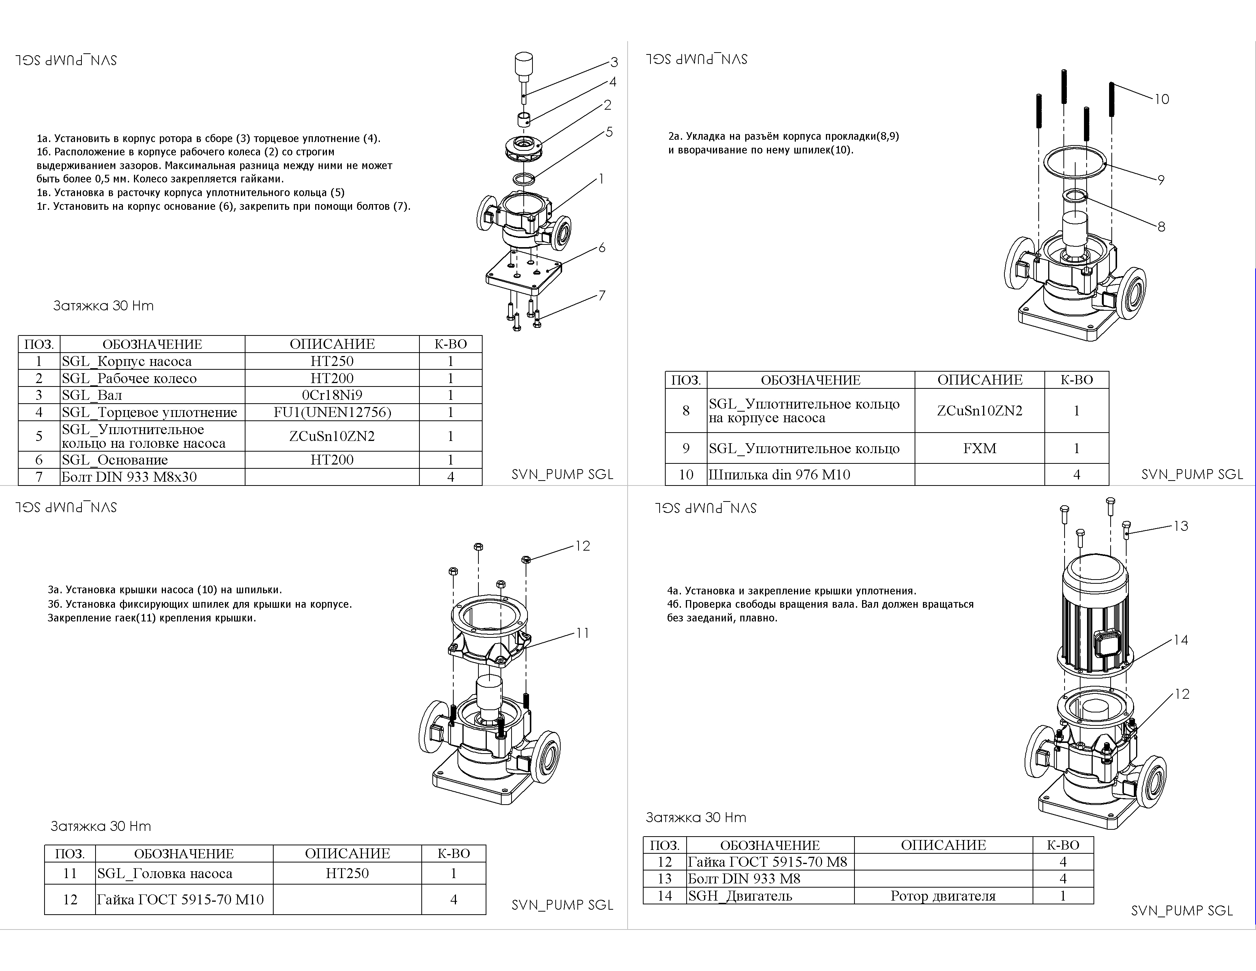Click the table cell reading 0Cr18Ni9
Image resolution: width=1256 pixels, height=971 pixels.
[332, 395]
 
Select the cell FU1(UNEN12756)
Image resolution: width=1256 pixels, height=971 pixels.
[332, 412]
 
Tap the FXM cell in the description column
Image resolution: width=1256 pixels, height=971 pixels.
[979, 448]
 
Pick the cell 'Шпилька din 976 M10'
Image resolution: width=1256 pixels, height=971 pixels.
[811, 474]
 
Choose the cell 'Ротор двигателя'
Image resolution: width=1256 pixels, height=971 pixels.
[943, 896]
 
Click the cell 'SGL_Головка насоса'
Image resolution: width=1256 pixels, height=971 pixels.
[184, 873]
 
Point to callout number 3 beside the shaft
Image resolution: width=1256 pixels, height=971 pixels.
[614, 62]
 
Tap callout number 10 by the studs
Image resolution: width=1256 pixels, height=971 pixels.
[1162, 99]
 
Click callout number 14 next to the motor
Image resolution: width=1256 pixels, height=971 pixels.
[1181, 640]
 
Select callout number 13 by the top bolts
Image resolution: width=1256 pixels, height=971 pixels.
[1181, 526]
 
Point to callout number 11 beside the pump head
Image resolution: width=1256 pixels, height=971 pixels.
[583, 633]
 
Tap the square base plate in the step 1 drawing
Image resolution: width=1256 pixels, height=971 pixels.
[523, 273]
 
